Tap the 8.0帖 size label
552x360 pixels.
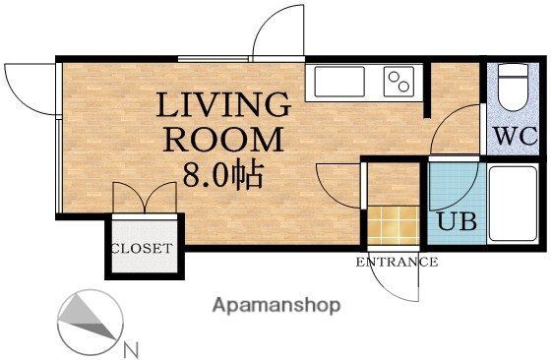[220, 174]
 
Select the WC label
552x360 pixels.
[514, 137]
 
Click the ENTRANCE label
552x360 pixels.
[397, 262]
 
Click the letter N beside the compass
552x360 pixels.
[131, 347]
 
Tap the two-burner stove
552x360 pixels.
[399, 81]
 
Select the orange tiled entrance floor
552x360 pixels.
[389, 224]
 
